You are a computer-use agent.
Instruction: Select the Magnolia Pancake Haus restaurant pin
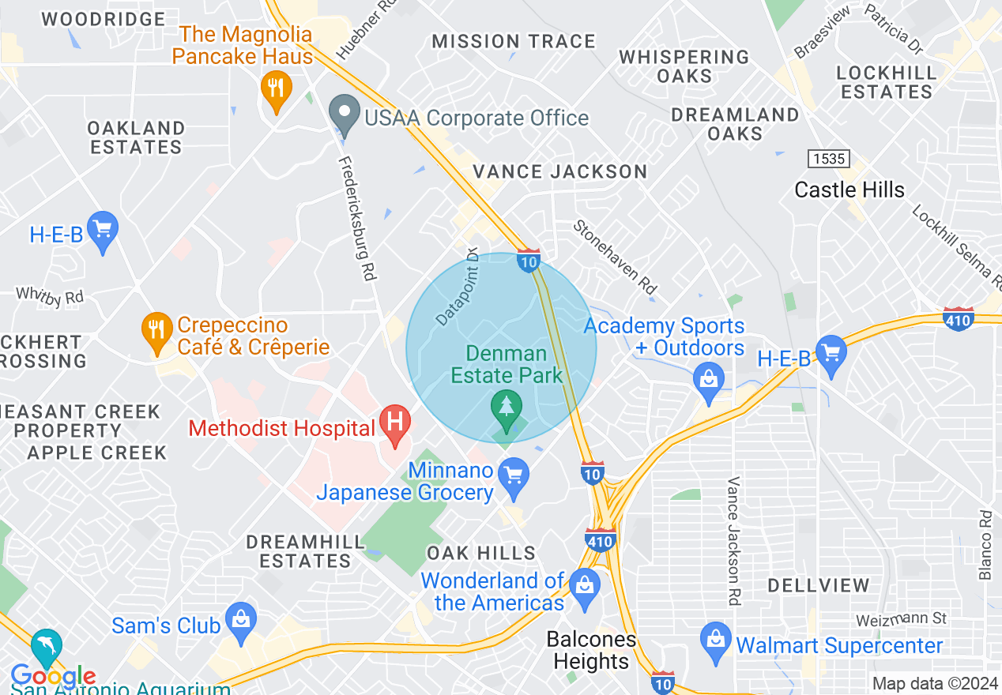pyautogui.click(x=276, y=89)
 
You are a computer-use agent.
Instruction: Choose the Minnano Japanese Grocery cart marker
pyautogui.click(x=514, y=476)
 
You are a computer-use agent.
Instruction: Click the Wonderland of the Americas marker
pyautogui.click(x=585, y=586)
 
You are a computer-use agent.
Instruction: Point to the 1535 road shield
pyautogui.click(x=828, y=159)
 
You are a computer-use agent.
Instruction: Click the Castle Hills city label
pyautogui.click(x=849, y=190)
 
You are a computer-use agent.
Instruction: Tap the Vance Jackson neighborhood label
pyautogui.click(x=560, y=171)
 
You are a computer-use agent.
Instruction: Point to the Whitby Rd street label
pyautogui.click(x=49, y=296)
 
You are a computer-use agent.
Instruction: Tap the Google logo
pyautogui.click(x=53, y=677)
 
